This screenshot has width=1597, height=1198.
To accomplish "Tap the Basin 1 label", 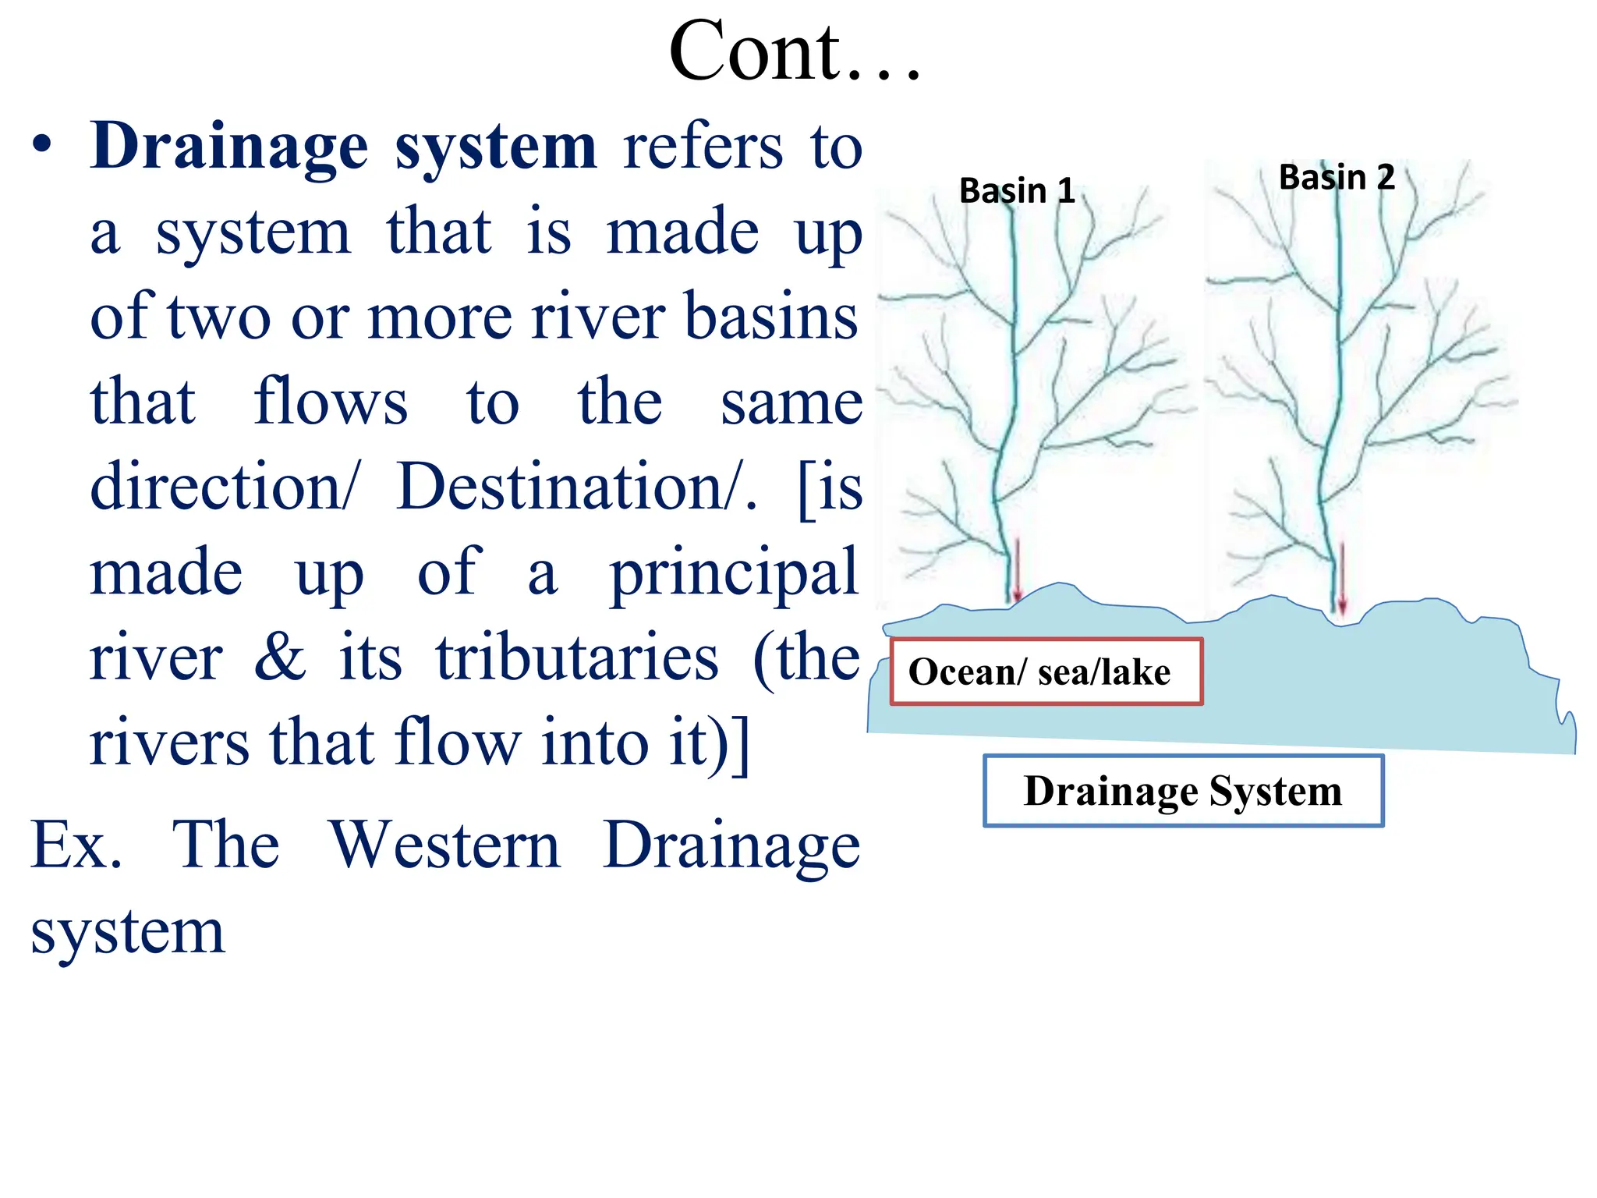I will pyautogui.click(x=1016, y=191).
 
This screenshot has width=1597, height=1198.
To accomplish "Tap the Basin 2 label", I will pyautogui.click(x=1336, y=178).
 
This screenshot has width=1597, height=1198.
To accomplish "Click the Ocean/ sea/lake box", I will pyautogui.click(x=1046, y=672).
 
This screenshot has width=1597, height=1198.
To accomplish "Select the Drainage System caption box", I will pyautogui.click(x=1183, y=791).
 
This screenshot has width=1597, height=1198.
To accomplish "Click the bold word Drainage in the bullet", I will pyautogui.click(x=228, y=148).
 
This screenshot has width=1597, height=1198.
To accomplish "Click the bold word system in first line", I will pyautogui.click(x=496, y=148).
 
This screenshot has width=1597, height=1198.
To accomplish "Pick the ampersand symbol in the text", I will pyautogui.click(x=280, y=657).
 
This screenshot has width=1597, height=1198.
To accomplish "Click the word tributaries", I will pyautogui.click(x=577, y=657).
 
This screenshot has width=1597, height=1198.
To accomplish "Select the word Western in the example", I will pyautogui.click(x=445, y=845).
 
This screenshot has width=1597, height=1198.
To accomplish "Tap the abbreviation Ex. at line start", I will pyautogui.click(x=76, y=845).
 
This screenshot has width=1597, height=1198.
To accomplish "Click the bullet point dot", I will pyautogui.click(x=42, y=147).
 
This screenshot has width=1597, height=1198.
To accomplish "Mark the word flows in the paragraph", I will pyautogui.click(x=331, y=402).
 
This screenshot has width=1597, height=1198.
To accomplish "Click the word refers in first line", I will pyautogui.click(x=703, y=148).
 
